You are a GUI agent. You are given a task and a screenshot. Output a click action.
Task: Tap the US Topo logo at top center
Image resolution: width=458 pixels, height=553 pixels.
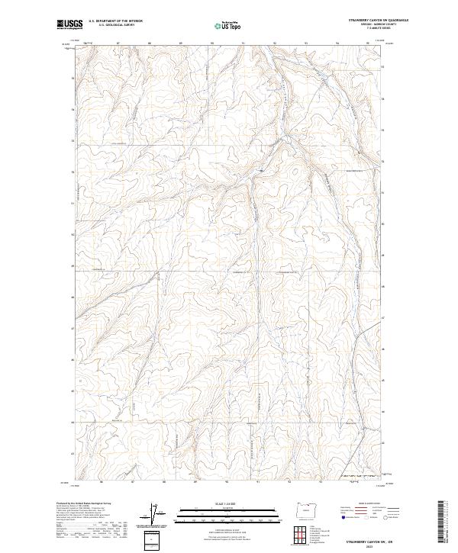[x=228, y=25]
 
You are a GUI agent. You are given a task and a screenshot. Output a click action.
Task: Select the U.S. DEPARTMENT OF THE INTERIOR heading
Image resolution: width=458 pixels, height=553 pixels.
[x=115, y=21]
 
